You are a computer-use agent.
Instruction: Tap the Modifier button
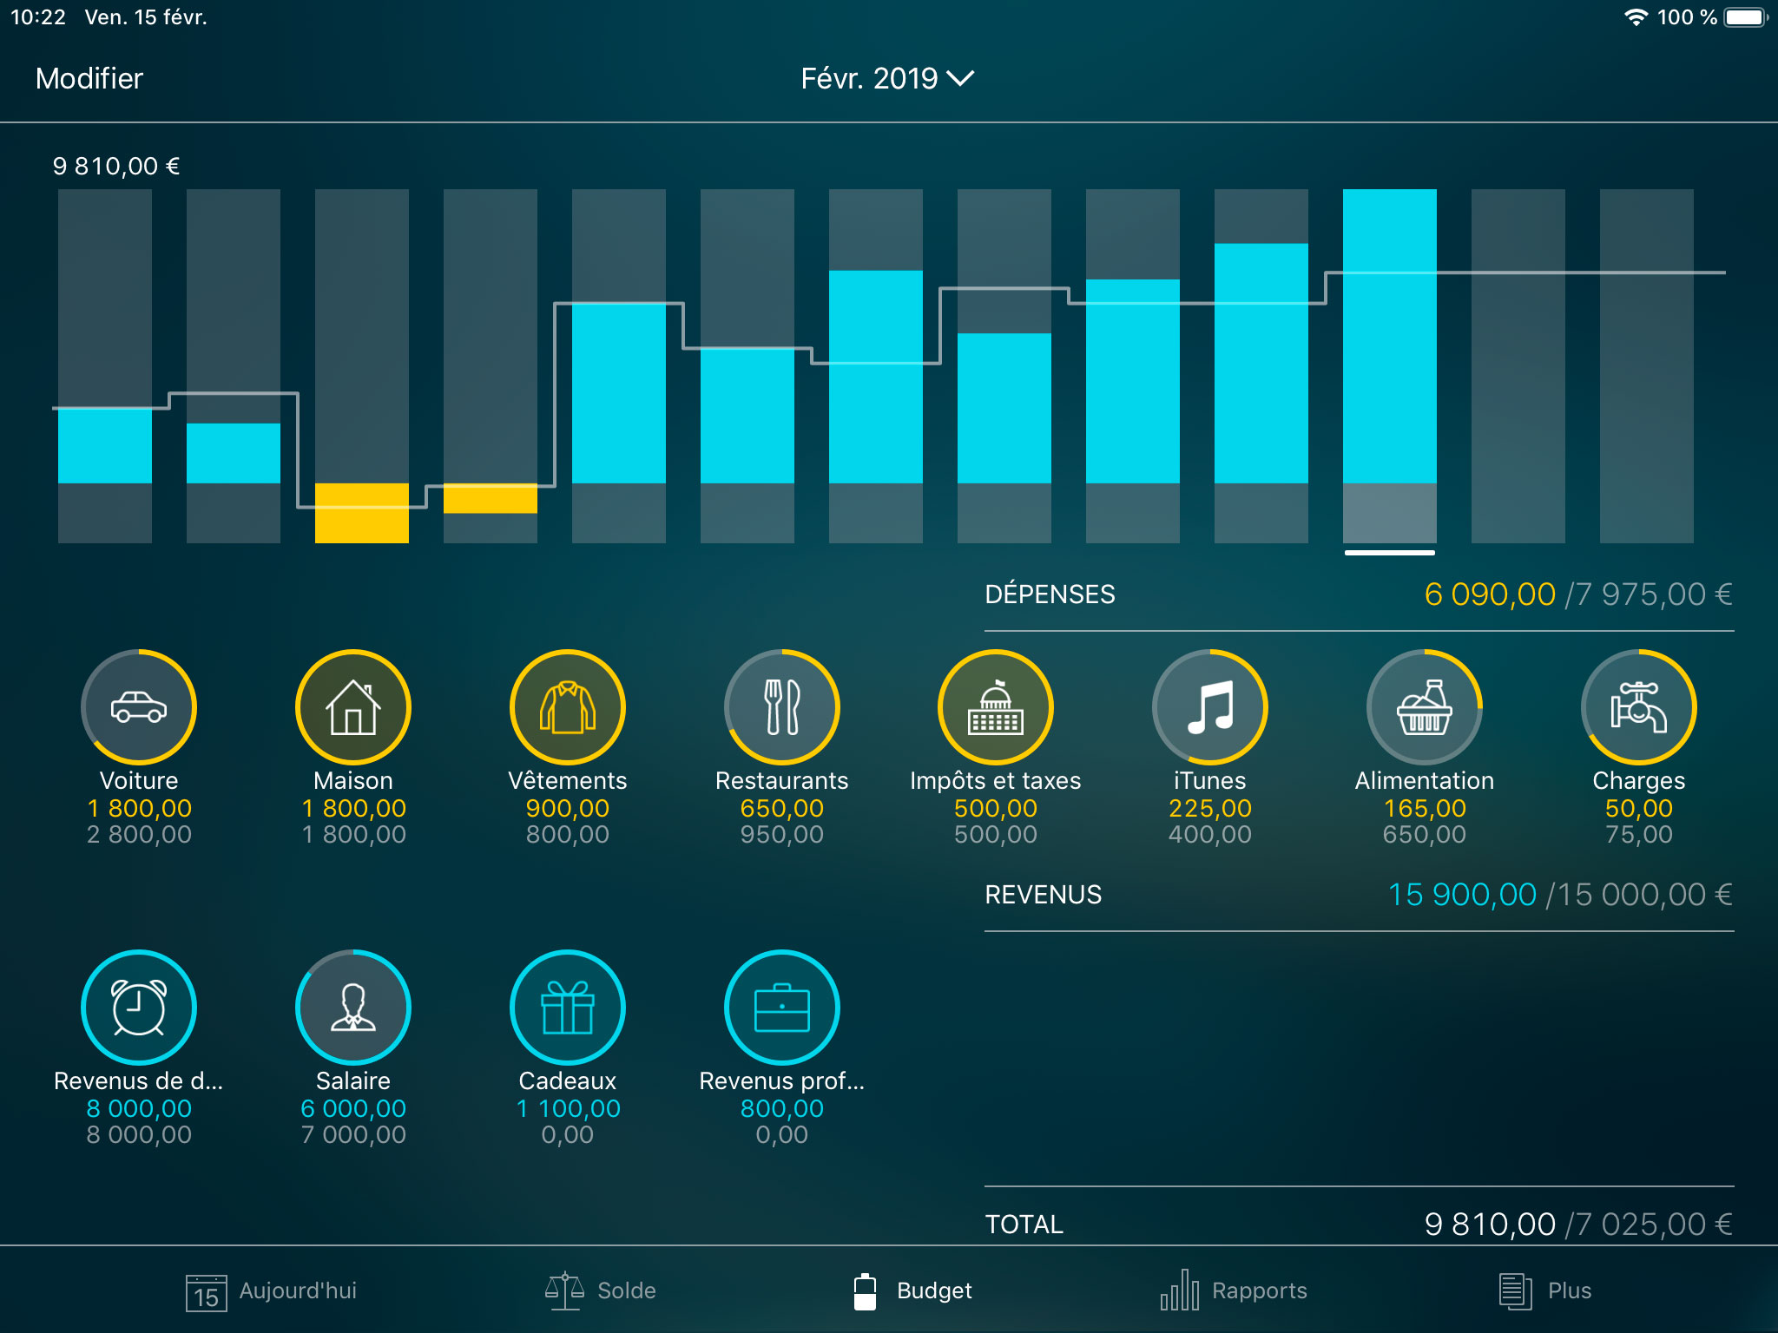coord(89,79)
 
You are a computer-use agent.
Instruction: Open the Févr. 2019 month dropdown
coord(886,79)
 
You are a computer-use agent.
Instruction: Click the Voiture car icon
coord(139,707)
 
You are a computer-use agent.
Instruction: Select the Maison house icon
coord(353,707)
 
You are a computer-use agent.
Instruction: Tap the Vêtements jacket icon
coord(567,707)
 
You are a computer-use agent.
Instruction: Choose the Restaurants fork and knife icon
coord(781,707)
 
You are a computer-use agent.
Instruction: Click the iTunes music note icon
coord(1209,707)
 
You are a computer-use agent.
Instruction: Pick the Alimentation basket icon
coord(1424,707)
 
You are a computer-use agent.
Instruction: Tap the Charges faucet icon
coord(1638,707)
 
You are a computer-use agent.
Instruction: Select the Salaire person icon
coord(353,1008)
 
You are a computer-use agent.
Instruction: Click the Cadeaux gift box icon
coord(567,1008)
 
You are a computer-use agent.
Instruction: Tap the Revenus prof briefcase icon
coord(781,1008)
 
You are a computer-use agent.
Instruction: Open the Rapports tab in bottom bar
coord(1234,1290)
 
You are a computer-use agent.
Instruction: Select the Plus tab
coord(1545,1290)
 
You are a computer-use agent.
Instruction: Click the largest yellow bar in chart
coord(361,513)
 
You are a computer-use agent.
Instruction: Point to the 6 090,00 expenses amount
coord(1489,594)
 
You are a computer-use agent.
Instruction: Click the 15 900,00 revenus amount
coord(1462,895)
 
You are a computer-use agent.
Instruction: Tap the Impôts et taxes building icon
coord(996,707)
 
